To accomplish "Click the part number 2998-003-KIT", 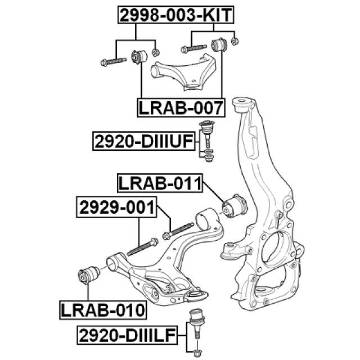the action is (176, 15).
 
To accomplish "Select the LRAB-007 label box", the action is (181, 107).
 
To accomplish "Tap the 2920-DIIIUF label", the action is (144, 141).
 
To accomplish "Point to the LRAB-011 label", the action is (160, 183).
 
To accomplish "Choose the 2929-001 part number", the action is (116, 207).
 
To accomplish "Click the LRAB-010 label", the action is (103, 310).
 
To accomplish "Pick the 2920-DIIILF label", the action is (127, 335).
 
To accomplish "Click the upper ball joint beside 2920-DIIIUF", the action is (206, 134).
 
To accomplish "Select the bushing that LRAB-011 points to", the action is (235, 205).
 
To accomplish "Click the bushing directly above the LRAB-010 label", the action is (89, 275).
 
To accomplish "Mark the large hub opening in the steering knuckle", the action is (274, 248).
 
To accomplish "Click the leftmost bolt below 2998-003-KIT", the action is (114, 61).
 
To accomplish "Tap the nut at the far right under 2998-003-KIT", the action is (235, 41).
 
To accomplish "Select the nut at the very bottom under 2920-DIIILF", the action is (196, 353).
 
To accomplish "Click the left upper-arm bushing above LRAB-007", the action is (139, 57).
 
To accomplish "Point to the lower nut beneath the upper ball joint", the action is (209, 159).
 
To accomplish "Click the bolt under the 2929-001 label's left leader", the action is (142, 247).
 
